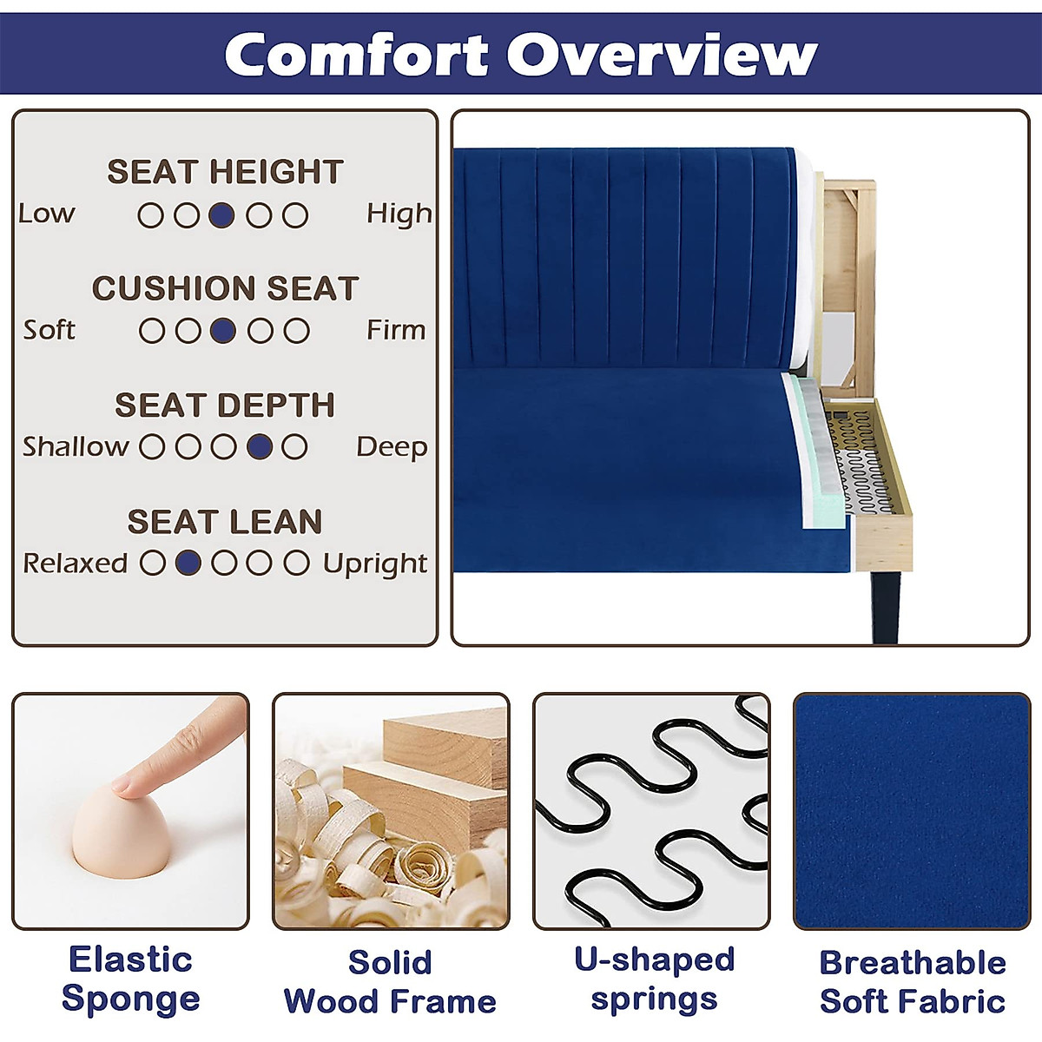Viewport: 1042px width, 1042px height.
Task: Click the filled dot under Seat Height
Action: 222,215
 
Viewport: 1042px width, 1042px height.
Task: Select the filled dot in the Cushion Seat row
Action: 223,331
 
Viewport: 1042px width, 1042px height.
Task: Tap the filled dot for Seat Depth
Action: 260,447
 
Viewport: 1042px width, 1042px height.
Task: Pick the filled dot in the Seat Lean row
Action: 188,563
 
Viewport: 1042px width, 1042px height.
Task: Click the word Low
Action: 47,214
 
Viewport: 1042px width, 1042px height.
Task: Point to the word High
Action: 399,214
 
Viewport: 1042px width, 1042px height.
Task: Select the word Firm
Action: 396,330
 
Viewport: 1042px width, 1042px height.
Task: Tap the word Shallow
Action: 76,446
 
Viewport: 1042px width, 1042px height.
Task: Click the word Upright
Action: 375,564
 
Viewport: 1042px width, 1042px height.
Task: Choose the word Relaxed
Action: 76,563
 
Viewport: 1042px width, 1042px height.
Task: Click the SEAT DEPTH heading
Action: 225,405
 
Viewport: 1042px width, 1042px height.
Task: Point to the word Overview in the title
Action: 662,55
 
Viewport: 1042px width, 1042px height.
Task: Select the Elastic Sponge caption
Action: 130,979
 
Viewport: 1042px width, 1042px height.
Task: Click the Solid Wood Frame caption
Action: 390,981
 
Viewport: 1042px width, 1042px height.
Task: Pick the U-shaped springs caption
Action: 654,979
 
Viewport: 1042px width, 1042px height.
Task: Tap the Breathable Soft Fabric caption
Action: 913,981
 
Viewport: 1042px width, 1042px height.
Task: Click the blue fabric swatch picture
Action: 912,811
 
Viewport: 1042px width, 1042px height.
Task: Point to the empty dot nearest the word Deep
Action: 295,447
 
